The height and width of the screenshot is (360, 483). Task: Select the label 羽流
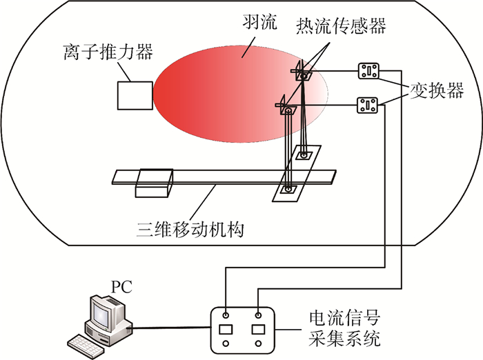pos(259,23)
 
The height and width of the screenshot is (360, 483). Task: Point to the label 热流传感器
pos(340,26)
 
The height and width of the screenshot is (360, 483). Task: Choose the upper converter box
pos(369,71)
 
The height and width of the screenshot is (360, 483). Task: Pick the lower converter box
pos(366,106)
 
